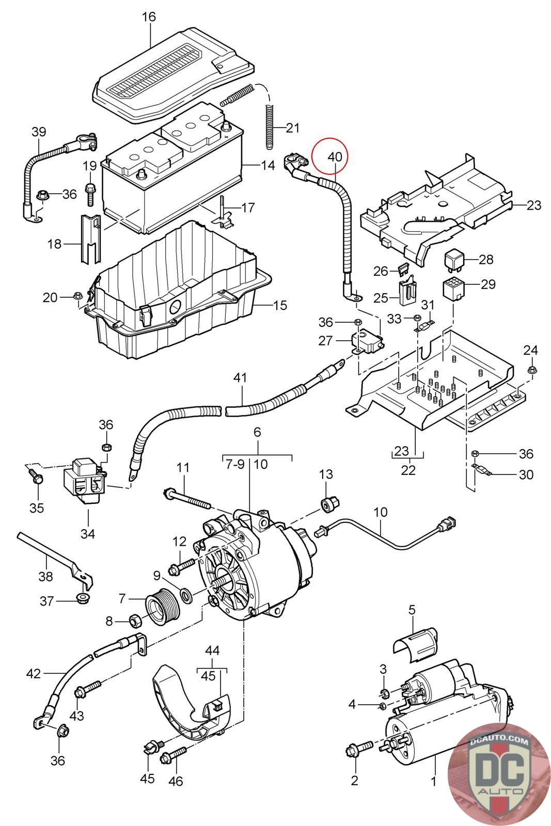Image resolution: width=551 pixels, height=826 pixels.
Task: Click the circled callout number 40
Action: (x=335, y=157)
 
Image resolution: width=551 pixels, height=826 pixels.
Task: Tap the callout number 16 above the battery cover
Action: (x=149, y=17)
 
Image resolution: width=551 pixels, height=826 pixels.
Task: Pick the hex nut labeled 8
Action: (x=134, y=621)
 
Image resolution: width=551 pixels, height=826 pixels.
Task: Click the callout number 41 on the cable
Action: (x=240, y=377)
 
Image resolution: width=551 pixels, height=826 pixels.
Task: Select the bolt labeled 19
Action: (x=90, y=194)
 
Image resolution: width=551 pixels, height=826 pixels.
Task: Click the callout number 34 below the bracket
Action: (x=87, y=534)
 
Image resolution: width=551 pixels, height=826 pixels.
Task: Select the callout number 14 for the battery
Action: (x=268, y=165)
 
